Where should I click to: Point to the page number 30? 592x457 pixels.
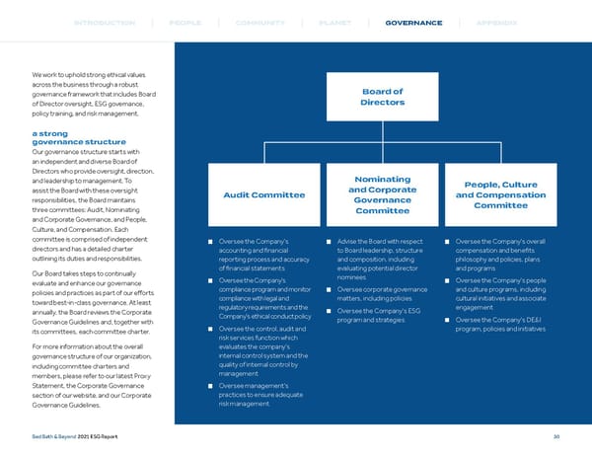tap(556, 437)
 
